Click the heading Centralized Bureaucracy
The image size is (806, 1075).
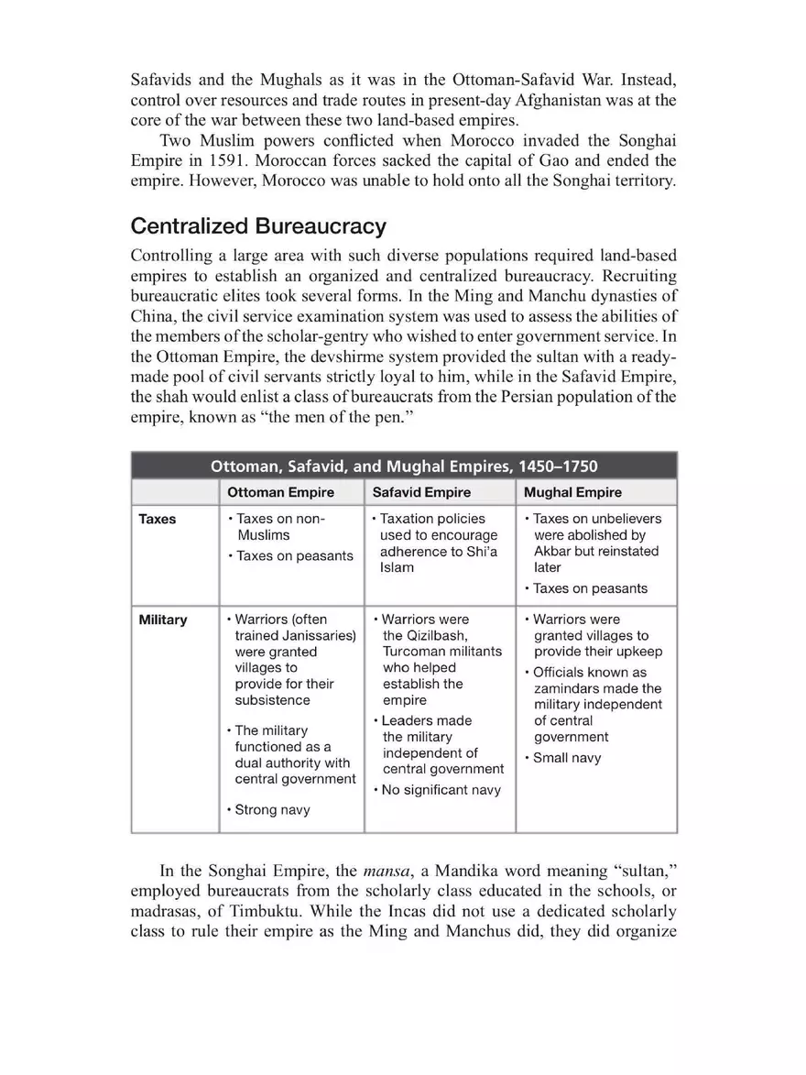coord(258,225)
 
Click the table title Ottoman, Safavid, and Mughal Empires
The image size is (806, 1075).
coord(404,465)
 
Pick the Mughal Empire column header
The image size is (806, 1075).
coord(572,492)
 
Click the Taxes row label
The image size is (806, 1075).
coord(157,519)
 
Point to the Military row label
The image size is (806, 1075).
coord(162,620)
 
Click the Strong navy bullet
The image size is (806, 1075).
coord(272,809)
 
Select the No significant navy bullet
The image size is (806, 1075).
coord(441,789)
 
